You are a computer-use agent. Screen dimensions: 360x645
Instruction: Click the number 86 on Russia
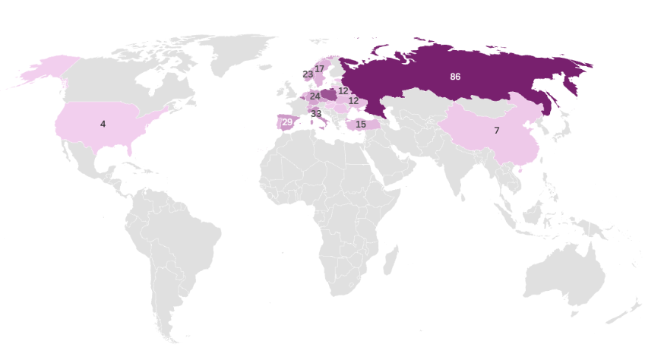click(455, 77)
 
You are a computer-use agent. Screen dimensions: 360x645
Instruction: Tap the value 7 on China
click(496, 131)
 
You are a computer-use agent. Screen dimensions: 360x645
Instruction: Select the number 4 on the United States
click(103, 123)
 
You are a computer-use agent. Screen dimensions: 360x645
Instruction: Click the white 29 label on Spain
click(287, 122)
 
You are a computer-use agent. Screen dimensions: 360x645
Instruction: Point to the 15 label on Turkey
click(361, 124)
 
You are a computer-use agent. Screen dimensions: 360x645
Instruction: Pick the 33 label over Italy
click(316, 114)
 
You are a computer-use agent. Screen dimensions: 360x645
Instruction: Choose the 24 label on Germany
click(315, 96)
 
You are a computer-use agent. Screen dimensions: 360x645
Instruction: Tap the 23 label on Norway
click(308, 74)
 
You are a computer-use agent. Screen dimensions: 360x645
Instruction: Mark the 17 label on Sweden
click(320, 69)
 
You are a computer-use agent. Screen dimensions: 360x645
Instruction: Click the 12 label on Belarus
click(343, 90)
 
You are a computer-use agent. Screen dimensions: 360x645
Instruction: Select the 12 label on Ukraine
click(354, 100)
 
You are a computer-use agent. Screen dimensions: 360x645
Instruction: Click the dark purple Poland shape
click(329, 95)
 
